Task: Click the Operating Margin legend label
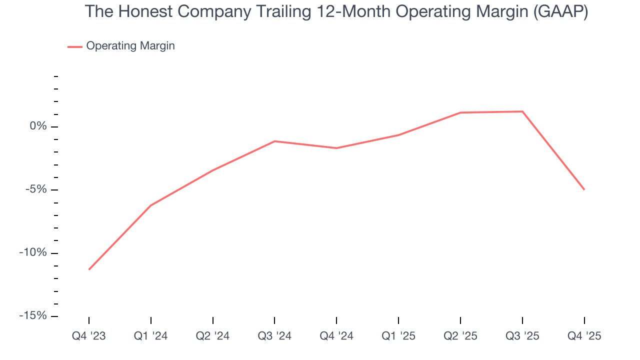tap(130, 46)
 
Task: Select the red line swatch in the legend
tap(75, 46)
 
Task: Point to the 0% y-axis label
tap(38, 126)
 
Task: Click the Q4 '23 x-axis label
tap(89, 336)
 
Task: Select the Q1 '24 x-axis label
tap(151, 336)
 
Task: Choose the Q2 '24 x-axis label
tap(213, 336)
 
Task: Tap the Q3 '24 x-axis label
tap(274, 336)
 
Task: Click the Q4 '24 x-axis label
tap(336, 336)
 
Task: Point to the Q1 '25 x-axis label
tap(398, 336)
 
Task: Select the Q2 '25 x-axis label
tap(460, 336)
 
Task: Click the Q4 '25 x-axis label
tap(584, 336)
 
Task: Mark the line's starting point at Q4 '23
tap(89, 269)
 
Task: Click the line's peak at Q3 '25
tap(522, 111)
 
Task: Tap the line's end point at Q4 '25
tap(584, 189)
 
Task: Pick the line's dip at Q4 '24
tap(336, 148)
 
